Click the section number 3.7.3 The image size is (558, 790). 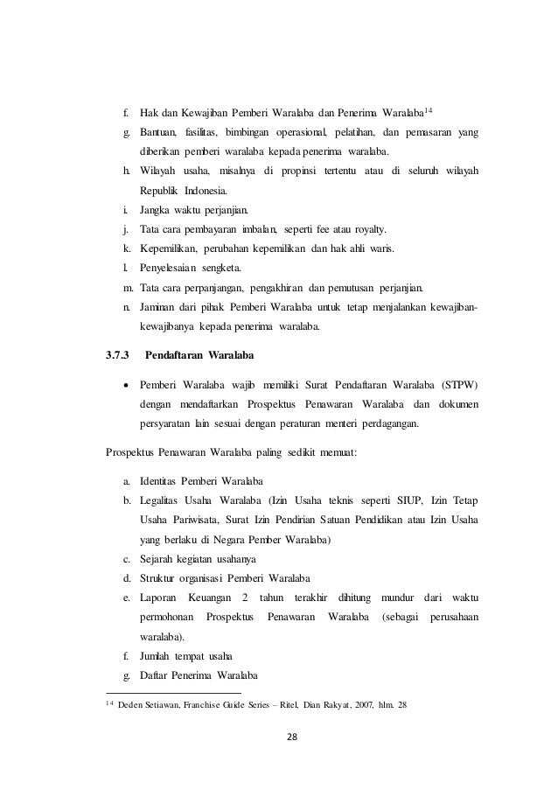tap(116, 357)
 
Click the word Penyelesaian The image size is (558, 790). tap(177, 269)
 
